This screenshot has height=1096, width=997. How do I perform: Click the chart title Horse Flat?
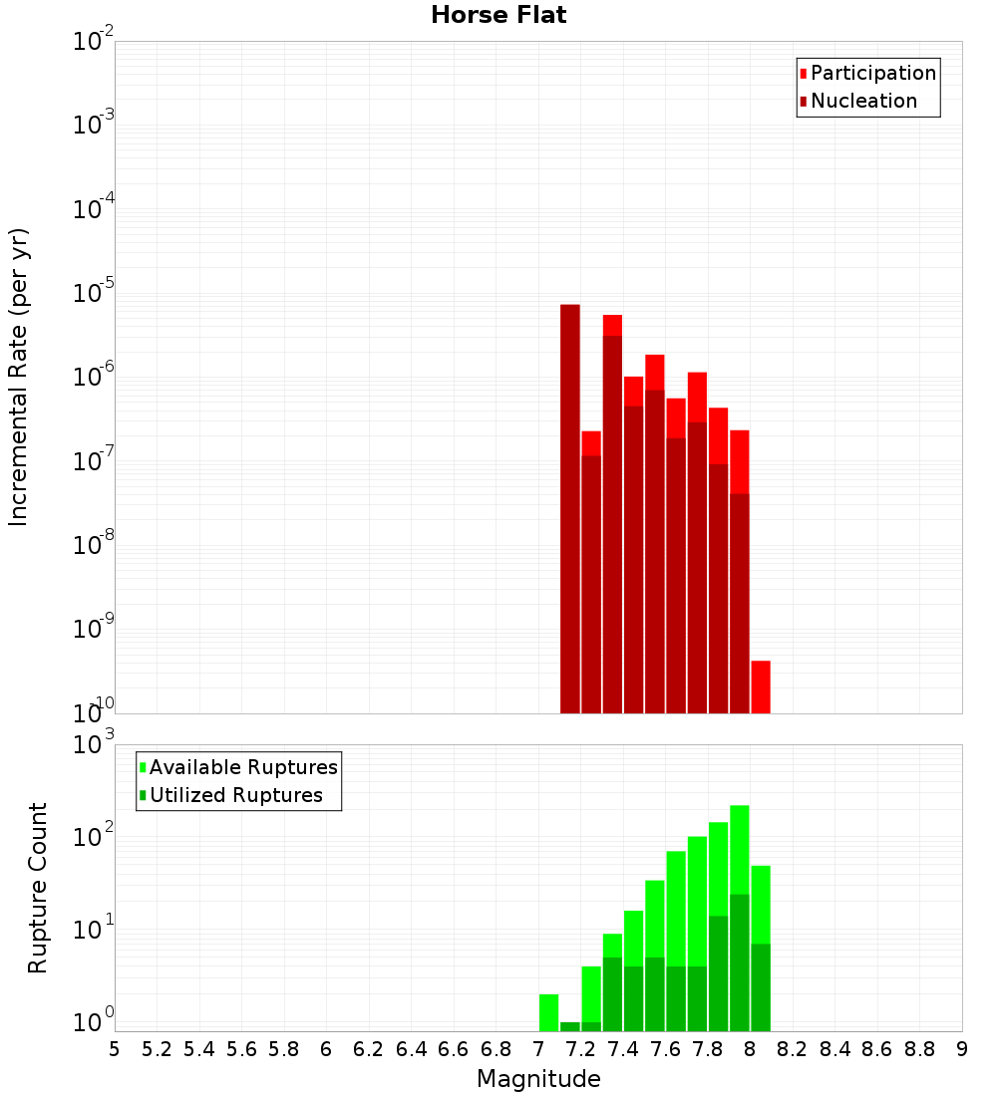pyautogui.click(x=498, y=15)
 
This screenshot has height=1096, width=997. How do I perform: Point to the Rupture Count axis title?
pyautogui.click(x=38, y=888)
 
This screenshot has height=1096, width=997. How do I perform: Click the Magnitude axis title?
pyautogui.click(x=538, y=1079)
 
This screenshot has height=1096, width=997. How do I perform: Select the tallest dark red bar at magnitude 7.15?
pyautogui.click(x=569, y=508)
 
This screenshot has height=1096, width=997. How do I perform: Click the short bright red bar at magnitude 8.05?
pyautogui.click(x=761, y=686)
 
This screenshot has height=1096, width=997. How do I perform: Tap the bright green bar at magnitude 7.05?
pyautogui.click(x=548, y=1012)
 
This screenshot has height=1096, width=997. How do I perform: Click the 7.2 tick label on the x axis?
pyautogui.click(x=580, y=1049)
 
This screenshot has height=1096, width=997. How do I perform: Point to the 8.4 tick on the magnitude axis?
pyautogui.click(x=834, y=1049)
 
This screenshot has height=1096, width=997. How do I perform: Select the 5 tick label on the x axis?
pyautogui.click(x=115, y=1049)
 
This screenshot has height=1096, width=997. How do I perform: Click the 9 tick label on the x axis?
pyautogui.click(x=962, y=1049)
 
